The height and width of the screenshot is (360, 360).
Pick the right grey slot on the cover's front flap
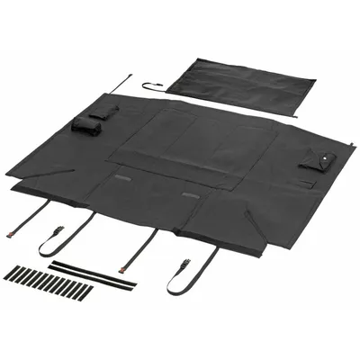click(x=190, y=195)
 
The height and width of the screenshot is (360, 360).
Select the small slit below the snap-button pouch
click(x=307, y=184)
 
